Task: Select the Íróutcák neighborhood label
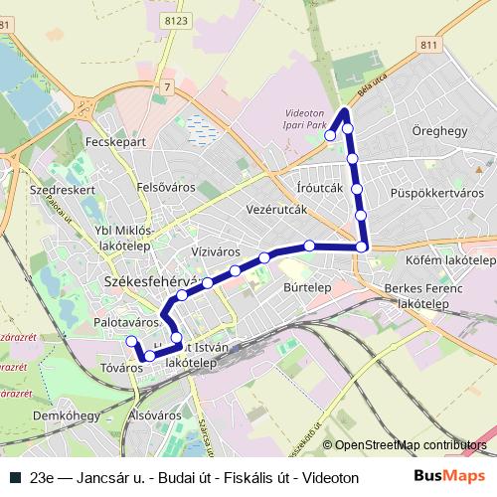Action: (320, 187)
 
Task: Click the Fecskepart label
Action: (116, 142)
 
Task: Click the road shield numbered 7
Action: (168, 89)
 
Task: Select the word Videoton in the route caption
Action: (330, 477)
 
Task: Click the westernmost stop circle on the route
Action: (130, 341)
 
